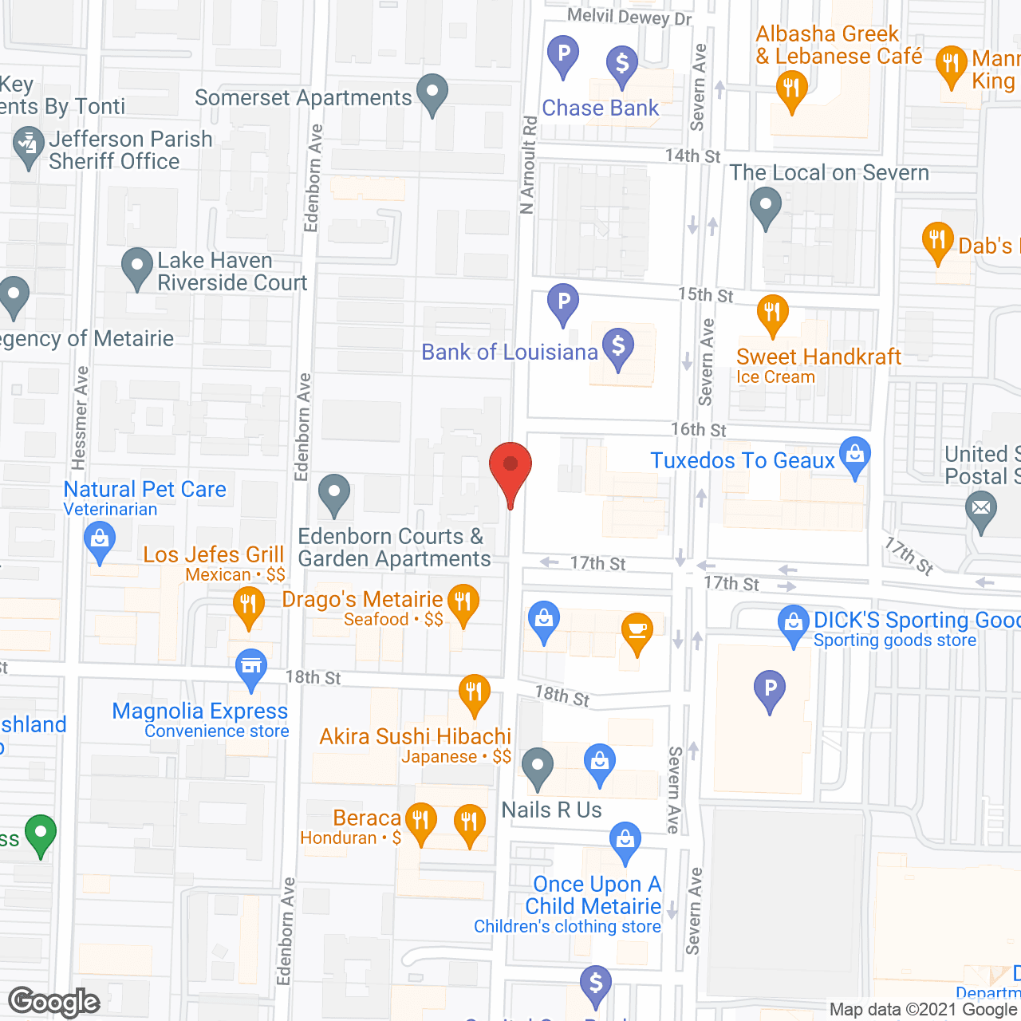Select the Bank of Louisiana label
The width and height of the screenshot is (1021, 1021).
point(509,352)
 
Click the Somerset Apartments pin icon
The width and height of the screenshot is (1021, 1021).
point(432,93)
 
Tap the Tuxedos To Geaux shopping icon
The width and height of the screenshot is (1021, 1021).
point(855,457)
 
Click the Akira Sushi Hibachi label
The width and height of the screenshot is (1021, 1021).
point(415,736)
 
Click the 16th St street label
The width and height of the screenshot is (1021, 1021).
point(698,430)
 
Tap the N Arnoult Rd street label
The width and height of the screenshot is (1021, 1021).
point(528,166)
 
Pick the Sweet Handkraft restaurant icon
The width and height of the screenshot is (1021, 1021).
point(772,313)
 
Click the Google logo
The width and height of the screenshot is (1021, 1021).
point(54,1002)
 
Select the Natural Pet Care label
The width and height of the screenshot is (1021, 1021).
point(144,489)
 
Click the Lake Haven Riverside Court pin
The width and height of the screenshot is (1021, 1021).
point(137,267)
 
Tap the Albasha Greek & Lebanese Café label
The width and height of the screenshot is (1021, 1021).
point(838,45)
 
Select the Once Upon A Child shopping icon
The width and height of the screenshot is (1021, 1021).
point(625,841)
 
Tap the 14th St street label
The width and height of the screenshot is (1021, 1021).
point(692,156)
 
